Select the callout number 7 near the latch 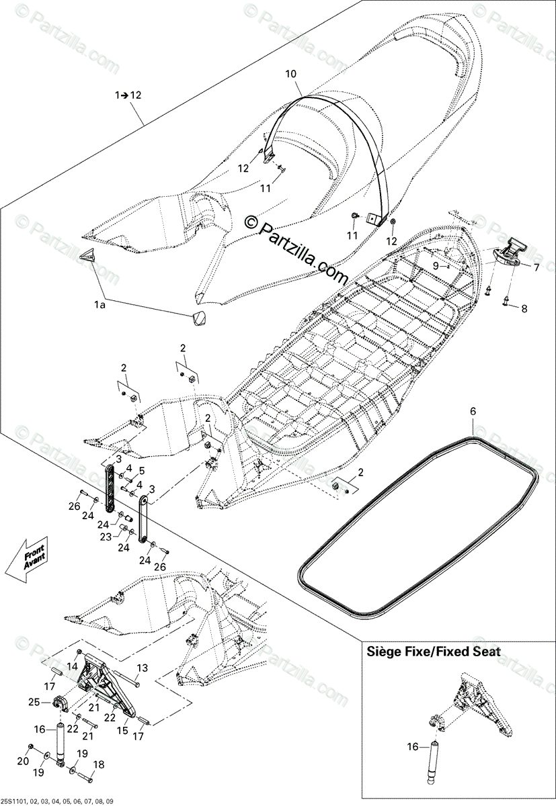point(536,267)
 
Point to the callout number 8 point(525,308)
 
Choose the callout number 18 point(98,783)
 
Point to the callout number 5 point(141,470)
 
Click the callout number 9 point(436,265)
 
